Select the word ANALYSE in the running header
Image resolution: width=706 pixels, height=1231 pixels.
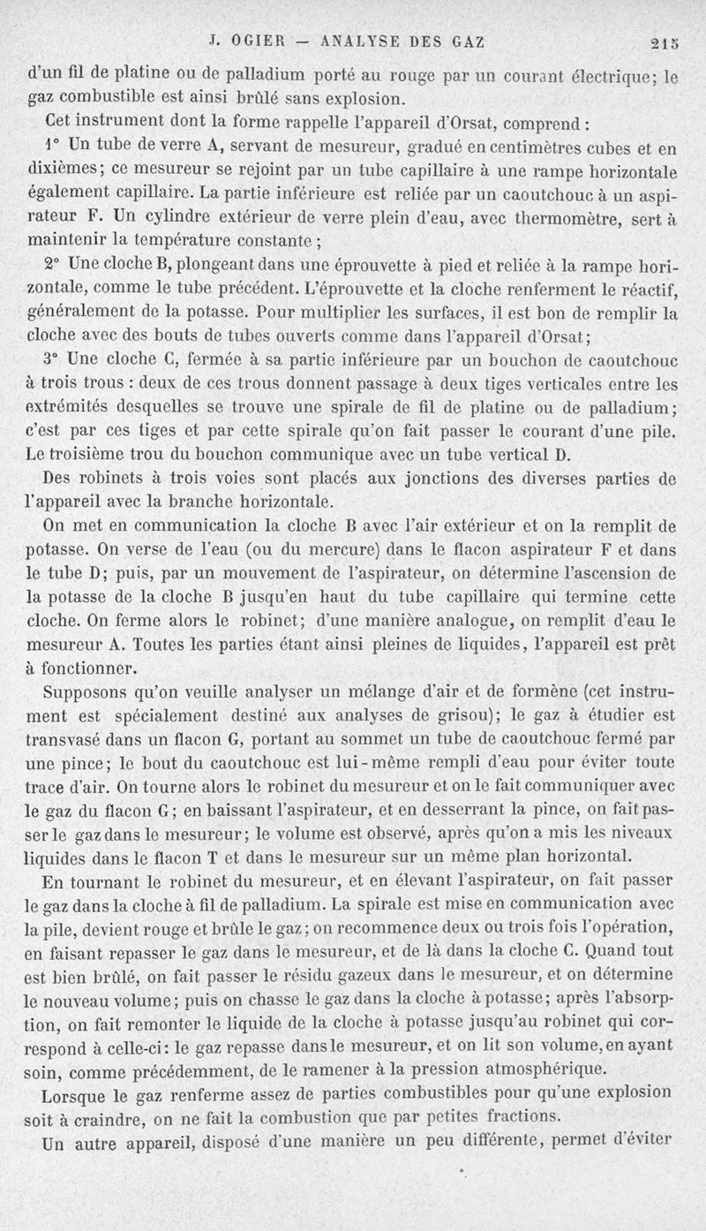point(363,41)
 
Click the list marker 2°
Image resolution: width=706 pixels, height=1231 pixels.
point(52,264)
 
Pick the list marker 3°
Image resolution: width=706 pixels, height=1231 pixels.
point(52,360)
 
